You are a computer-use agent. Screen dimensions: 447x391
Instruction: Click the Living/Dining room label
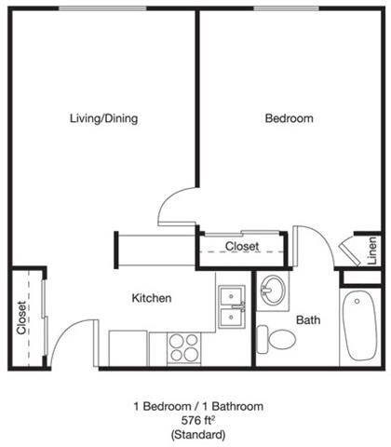pyautogui.click(x=103, y=118)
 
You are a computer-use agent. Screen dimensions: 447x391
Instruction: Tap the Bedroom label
pyautogui.click(x=289, y=118)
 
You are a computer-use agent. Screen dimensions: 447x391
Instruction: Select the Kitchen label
pyautogui.click(x=151, y=298)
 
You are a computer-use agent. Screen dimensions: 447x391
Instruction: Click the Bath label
pyautogui.click(x=308, y=319)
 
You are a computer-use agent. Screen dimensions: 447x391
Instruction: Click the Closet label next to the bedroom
pyautogui.click(x=242, y=247)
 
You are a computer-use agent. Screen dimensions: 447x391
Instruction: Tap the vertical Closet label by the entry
pyautogui.click(x=21, y=317)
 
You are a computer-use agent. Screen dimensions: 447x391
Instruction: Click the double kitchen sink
pyautogui.click(x=231, y=307)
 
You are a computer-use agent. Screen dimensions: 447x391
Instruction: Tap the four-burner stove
pyautogui.click(x=184, y=347)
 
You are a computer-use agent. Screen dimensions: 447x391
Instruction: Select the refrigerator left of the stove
pyautogui.click(x=128, y=347)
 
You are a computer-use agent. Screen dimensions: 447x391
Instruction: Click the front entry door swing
pyautogui.click(x=74, y=343)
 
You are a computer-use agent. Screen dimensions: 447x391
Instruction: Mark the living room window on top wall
pyautogui.click(x=102, y=8)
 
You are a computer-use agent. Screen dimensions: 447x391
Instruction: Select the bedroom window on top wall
pyautogui.click(x=288, y=8)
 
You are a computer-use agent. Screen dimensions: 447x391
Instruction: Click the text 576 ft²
pyautogui.click(x=195, y=420)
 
